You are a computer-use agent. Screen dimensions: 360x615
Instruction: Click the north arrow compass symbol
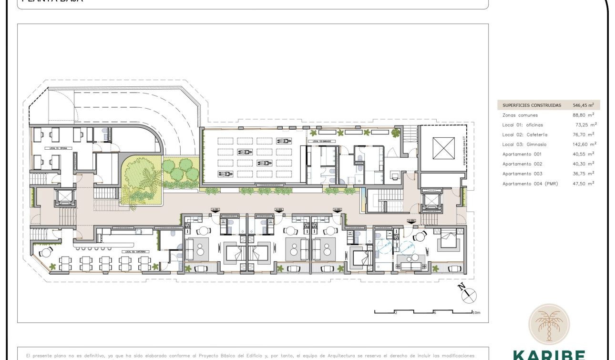[x=469, y=295]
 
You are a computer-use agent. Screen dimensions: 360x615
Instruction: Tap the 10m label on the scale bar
[x=476, y=313]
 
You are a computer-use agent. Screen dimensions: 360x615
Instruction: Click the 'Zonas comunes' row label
[x=520, y=115]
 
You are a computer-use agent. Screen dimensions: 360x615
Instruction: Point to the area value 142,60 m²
[x=584, y=144]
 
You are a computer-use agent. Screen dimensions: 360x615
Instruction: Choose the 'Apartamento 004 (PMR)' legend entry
[x=530, y=184]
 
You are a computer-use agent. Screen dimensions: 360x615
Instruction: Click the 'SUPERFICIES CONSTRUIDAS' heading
[x=532, y=105]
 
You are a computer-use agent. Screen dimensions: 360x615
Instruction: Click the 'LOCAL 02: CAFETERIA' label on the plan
[x=135, y=251]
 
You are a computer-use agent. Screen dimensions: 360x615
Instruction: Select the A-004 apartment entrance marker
[x=411, y=221]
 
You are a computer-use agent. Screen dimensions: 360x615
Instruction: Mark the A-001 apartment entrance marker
[x=215, y=210]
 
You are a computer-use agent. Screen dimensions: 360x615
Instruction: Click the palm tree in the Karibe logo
[x=548, y=324]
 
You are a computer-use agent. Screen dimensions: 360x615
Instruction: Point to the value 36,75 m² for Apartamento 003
[x=584, y=174]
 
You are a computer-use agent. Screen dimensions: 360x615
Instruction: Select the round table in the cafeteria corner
[x=46, y=252]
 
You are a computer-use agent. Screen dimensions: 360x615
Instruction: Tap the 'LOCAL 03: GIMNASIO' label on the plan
[x=322, y=142]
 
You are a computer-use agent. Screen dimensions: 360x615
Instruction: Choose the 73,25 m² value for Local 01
[x=586, y=125]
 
